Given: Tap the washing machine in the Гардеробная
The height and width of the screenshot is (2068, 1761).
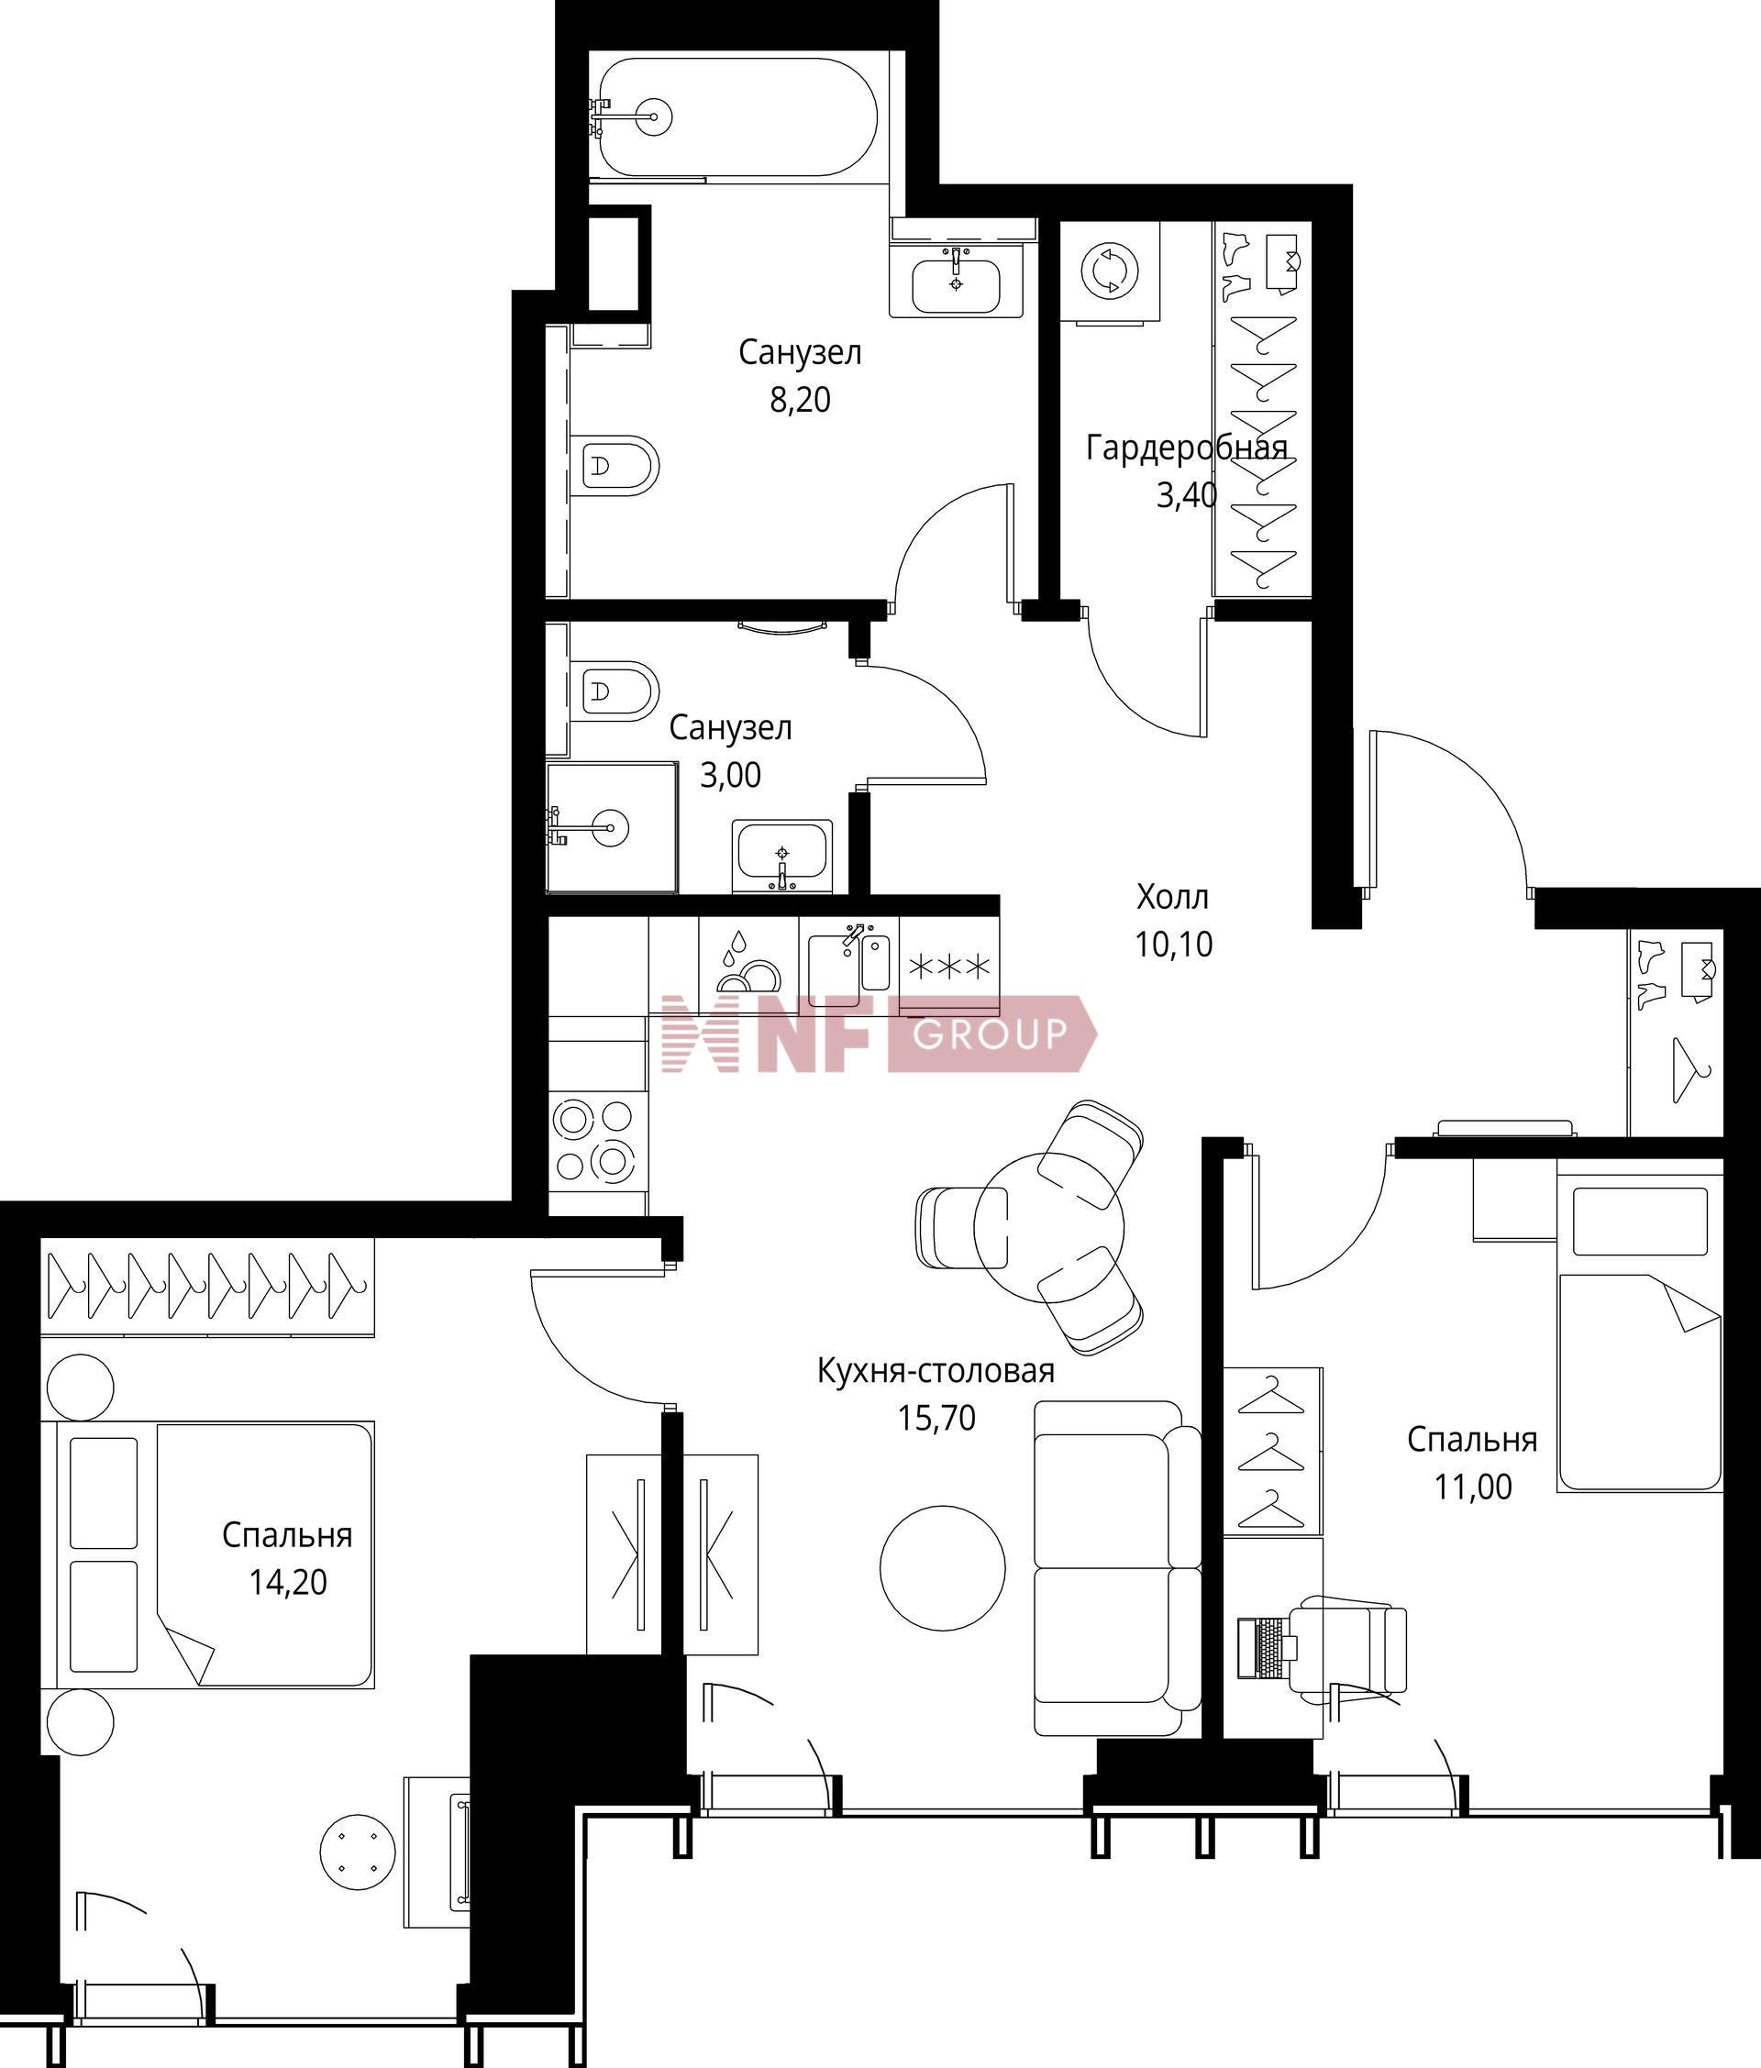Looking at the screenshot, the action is [x=1109, y=271].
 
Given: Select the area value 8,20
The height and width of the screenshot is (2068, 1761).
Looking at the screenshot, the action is [x=800, y=400].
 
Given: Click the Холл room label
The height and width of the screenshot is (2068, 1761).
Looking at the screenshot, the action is [x=1173, y=897].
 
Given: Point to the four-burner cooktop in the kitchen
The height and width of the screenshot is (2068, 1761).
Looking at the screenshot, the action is [x=596, y=1143].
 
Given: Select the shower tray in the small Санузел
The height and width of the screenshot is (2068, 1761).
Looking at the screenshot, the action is [x=612, y=827].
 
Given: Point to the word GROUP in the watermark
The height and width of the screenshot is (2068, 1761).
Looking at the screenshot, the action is [x=991, y=1034].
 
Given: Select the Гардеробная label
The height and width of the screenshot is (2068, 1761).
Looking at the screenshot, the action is [x=1187, y=448].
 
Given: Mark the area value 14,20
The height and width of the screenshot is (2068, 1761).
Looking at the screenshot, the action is [x=287, y=1582].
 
